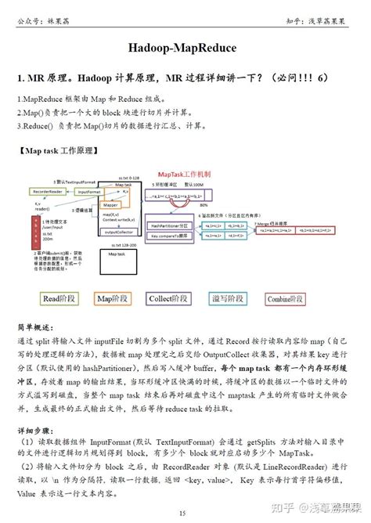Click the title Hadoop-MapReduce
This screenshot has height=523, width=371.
185,49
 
